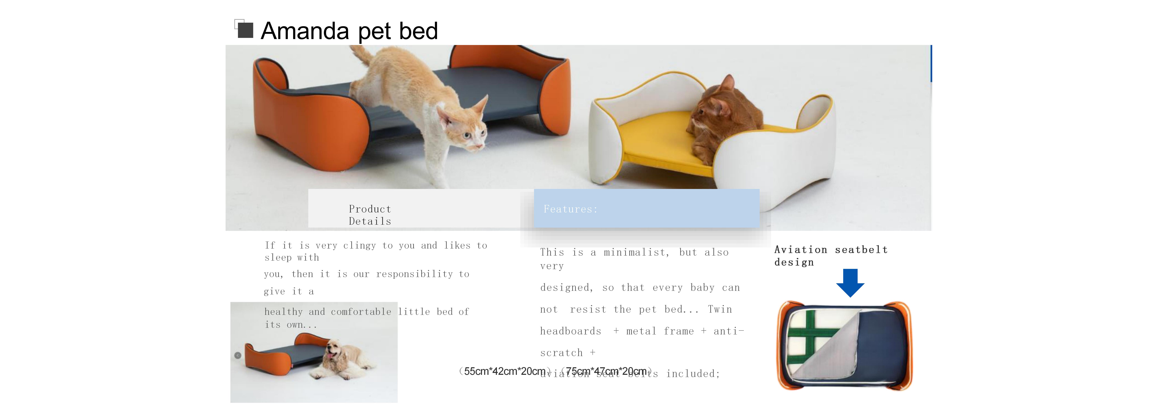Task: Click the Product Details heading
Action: pos(370,215)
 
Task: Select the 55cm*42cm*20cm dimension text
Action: pos(504,372)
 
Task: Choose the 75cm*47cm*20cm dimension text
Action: pos(606,372)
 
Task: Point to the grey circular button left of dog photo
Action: pos(238,356)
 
